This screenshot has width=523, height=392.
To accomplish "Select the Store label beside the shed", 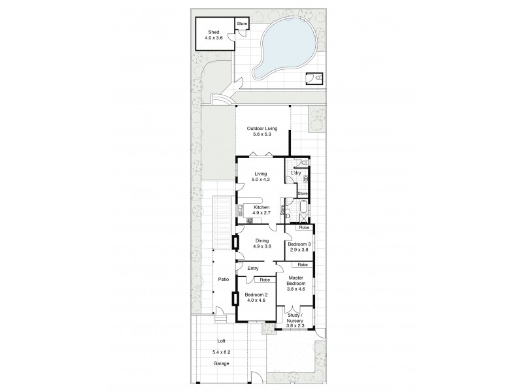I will click(x=242, y=24).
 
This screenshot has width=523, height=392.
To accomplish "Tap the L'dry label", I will click(x=295, y=172).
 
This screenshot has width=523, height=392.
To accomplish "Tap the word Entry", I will click(x=253, y=269).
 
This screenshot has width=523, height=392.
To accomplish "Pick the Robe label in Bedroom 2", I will click(x=265, y=280).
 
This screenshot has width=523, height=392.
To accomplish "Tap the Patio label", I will click(x=223, y=280).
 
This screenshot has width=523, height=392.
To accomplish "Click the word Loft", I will click(x=221, y=340).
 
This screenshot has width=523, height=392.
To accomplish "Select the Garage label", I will click(x=221, y=363).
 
